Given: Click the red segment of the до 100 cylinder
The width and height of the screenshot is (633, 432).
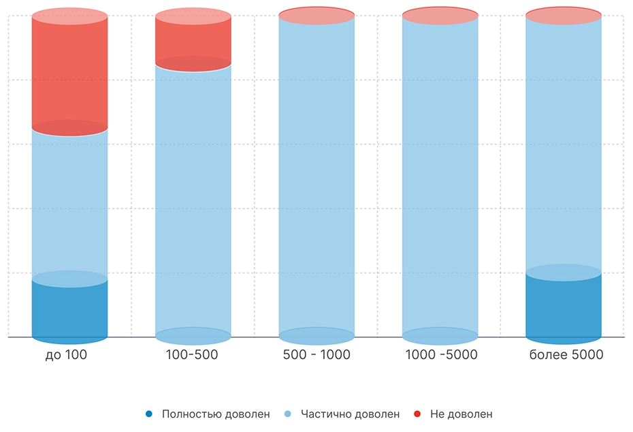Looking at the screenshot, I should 70,72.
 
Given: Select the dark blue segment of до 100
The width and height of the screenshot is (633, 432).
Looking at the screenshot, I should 70,310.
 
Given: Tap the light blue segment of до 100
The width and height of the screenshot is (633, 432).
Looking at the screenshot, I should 70,204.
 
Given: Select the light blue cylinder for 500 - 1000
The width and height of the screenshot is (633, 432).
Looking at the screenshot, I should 316,177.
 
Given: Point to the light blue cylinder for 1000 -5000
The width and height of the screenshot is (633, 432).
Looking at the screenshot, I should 440,177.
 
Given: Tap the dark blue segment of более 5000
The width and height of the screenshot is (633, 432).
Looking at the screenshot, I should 564,307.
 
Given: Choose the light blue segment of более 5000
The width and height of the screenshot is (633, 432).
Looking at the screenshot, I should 564,143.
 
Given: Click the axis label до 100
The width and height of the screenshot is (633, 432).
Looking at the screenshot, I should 66,355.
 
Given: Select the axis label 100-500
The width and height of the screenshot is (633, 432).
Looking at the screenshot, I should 192,355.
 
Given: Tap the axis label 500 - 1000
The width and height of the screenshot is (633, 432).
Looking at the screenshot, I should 316,355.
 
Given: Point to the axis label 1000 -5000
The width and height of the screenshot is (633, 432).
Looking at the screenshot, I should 441,355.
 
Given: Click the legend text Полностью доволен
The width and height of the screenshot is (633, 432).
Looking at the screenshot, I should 216,414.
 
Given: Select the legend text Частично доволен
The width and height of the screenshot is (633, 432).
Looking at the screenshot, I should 351,414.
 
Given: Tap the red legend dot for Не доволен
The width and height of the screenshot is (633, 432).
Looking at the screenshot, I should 417,414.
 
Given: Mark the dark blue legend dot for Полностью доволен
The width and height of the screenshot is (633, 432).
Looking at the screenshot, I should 148,414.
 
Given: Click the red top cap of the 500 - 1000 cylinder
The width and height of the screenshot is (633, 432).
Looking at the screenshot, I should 316,15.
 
